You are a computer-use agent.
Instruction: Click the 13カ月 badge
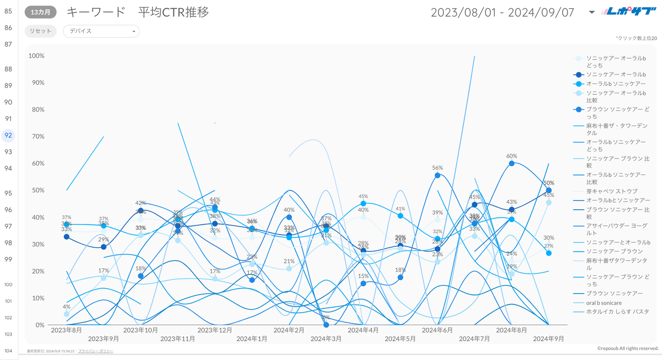click(x=40, y=12)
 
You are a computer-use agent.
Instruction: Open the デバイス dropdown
click(x=101, y=31)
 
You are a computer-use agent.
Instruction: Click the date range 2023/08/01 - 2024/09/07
click(x=502, y=12)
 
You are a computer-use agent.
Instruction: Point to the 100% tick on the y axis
click(x=37, y=56)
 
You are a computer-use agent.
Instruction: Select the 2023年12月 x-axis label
click(x=214, y=330)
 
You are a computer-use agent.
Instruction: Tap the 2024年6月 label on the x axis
click(x=437, y=330)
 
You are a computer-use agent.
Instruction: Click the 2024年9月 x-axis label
click(x=548, y=339)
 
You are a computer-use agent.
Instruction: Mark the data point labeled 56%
click(x=438, y=175)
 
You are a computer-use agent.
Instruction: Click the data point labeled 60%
click(x=512, y=164)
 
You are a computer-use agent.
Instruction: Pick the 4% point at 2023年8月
click(x=66, y=314)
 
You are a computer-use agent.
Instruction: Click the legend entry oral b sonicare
click(x=604, y=303)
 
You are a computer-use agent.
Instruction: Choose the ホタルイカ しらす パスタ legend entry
click(x=618, y=312)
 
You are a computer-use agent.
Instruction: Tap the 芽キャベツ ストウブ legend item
click(x=612, y=191)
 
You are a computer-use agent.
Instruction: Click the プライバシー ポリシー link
click(x=96, y=351)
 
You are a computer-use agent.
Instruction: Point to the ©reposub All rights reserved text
click(x=628, y=349)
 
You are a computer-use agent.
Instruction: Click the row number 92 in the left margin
click(x=8, y=136)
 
